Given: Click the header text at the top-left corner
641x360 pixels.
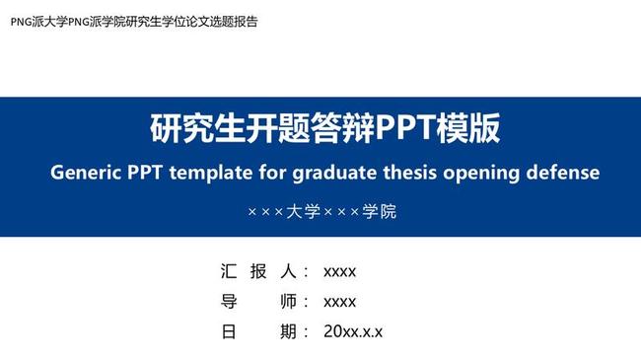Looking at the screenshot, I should click(133, 21).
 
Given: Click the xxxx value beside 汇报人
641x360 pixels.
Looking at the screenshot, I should click(340, 271).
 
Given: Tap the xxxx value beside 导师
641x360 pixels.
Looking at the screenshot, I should click(340, 302).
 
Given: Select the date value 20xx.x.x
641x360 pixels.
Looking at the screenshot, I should click(353, 332).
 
